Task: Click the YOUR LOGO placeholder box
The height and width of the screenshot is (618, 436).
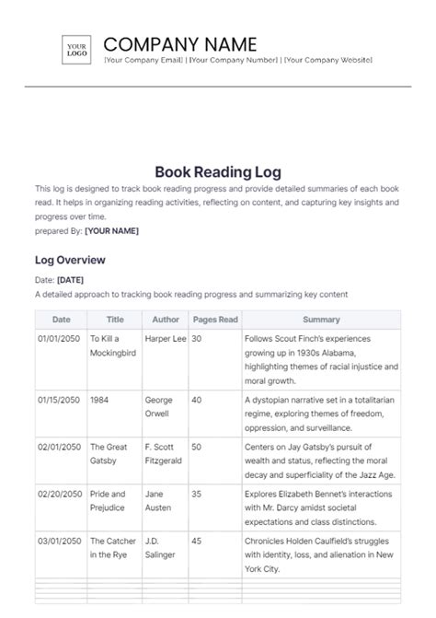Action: pyautogui.click(x=76, y=49)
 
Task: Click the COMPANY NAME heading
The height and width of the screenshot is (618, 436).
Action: pyautogui.click(x=180, y=43)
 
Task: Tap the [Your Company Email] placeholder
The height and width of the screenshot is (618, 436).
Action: pyautogui.click(x=143, y=60)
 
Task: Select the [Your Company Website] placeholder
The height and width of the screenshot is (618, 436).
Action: pyautogui.click(x=327, y=60)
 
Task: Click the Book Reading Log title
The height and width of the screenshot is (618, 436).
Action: pyautogui.click(x=217, y=171)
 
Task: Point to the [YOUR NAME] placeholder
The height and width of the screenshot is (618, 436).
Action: pyautogui.click(x=111, y=231)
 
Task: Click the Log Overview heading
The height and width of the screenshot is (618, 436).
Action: pyautogui.click(x=70, y=261)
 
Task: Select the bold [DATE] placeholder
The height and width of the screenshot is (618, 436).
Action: pyautogui.click(x=71, y=280)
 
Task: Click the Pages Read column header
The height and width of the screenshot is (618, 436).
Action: pyautogui.click(x=214, y=320)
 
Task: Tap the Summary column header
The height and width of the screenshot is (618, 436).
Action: pyautogui.click(x=320, y=320)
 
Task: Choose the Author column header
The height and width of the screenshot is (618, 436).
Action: pyautogui.click(x=166, y=320)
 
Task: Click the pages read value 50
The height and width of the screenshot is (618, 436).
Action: pyautogui.click(x=197, y=447)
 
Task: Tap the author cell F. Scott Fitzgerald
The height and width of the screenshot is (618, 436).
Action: pyautogui.click(x=164, y=454)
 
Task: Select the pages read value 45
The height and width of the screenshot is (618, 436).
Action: pyautogui.click(x=197, y=541)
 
